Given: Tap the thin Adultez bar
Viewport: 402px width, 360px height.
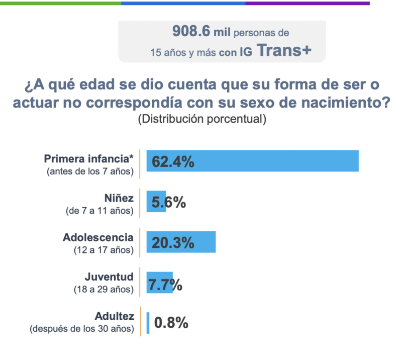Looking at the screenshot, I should coord(148,323).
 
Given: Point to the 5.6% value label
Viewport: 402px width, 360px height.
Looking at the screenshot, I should coord(169,202).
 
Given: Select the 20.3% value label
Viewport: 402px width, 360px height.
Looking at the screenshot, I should coord(173,243).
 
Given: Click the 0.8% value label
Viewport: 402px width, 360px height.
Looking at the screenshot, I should coord(171,323).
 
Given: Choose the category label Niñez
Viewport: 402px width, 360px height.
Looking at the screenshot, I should coord(119,198).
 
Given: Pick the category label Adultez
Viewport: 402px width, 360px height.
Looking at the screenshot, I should coord(115,316).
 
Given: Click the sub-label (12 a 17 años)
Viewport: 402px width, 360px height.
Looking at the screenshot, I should coord(103,250).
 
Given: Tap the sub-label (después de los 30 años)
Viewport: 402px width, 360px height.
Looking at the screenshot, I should coord(82,329).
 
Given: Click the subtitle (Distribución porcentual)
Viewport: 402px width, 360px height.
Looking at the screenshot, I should coord(202,119).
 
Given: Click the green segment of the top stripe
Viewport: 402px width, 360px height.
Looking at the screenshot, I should coord(60,3).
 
